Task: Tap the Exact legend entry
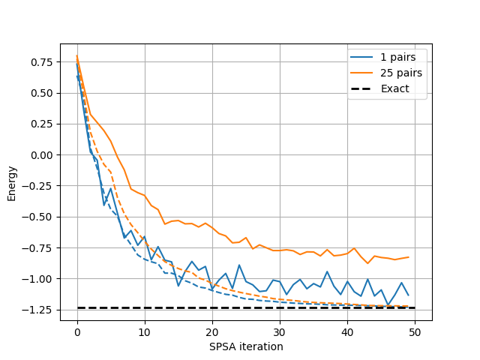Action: point(395,88)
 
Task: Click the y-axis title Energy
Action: point(11,184)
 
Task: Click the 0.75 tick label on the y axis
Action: point(43,62)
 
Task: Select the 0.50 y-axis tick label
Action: point(43,93)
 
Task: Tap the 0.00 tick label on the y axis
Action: point(43,155)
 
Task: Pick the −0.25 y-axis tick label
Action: point(40,187)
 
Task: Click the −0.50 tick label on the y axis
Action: point(40,217)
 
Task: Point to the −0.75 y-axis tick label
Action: point(40,248)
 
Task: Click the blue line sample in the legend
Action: point(364,58)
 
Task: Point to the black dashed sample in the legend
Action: point(364,88)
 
